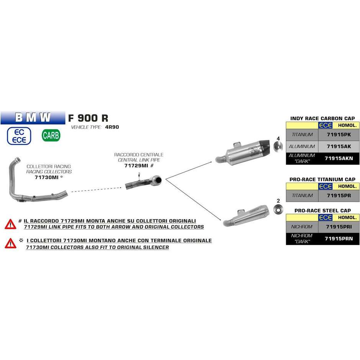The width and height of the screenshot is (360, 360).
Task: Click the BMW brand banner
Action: coord(33,118)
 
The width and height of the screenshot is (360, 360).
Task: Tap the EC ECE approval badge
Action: coord(19,136)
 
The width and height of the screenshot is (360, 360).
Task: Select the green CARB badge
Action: coord(51,135)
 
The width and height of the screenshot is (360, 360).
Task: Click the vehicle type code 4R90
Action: coord(112,127)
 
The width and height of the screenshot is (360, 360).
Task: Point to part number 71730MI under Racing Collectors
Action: coord(47,177)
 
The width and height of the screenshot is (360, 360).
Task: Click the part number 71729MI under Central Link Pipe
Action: coord(136,165)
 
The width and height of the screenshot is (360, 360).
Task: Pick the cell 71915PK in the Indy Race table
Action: coord(339,134)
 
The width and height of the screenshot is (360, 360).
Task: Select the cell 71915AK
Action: coord(339,146)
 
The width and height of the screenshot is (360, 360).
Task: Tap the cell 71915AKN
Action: coord(339,158)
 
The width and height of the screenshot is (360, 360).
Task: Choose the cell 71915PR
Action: coord(339,196)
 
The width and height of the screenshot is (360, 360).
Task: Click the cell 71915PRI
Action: coord(339,227)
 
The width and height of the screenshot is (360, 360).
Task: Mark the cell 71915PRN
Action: coord(339,239)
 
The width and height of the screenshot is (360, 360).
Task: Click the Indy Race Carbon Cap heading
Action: coord(322,118)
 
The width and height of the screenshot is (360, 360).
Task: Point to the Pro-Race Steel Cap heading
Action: coord(322,211)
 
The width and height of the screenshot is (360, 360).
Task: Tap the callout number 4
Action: coord(278,138)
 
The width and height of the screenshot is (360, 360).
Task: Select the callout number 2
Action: coord(278,201)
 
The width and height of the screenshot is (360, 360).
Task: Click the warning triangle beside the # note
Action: coord(10,224)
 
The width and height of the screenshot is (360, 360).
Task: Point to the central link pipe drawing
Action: coord(144,182)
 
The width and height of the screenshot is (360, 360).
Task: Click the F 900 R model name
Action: coord(88,118)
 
